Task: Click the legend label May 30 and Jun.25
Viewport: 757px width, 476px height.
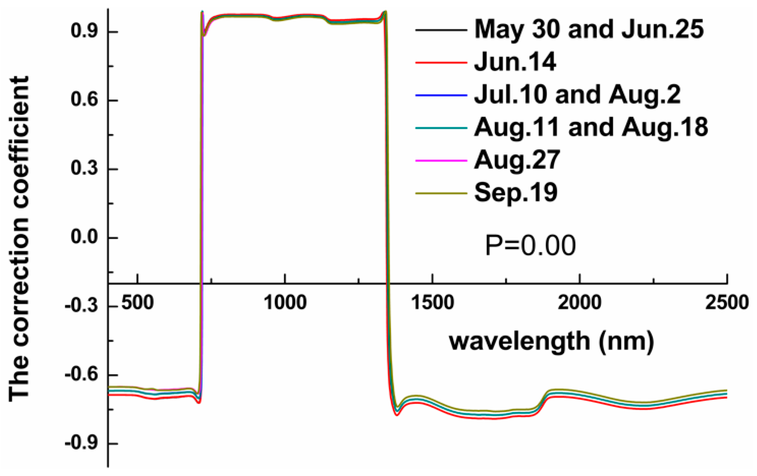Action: pyautogui.click(x=589, y=30)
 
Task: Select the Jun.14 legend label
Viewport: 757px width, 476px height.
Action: pyautogui.click(x=515, y=62)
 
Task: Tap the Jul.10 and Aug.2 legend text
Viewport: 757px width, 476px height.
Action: pyautogui.click(x=577, y=95)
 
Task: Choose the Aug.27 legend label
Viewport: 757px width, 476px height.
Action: pyautogui.click(x=517, y=160)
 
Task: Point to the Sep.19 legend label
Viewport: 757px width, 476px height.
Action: pyautogui.click(x=516, y=192)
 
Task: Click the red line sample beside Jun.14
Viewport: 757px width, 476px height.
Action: pyautogui.click(x=441, y=62)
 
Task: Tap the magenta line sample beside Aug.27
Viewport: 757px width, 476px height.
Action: pyautogui.click(x=441, y=160)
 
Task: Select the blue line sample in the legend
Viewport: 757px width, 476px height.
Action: pyautogui.click(x=441, y=95)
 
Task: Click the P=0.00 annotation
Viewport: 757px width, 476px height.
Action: pyautogui.click(x=530, y=246)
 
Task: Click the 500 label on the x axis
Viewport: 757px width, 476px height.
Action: pyautogui.click(x=137, y=303)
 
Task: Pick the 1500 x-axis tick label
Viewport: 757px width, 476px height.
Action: pyautogui.click(x=433, y=303)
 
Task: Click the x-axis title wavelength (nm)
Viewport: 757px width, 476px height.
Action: pyautogui.click(x=551, y=342)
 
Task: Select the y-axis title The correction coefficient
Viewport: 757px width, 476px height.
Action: pyautogui.click(x=19, y=239)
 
